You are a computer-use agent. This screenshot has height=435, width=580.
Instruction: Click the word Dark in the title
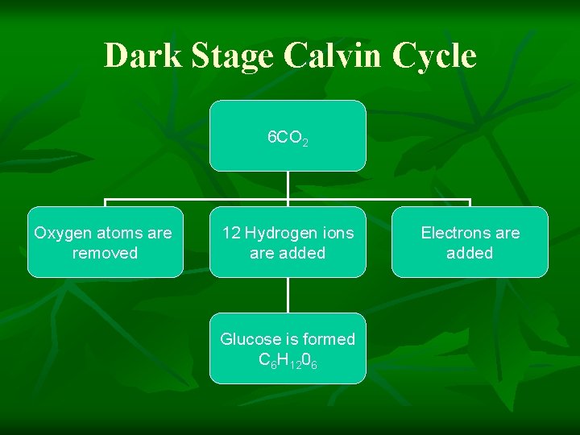pos(135,56)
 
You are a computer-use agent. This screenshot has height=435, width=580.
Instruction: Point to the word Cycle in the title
pos(434,56)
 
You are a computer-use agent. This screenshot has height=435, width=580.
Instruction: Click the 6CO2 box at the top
pos(288,135)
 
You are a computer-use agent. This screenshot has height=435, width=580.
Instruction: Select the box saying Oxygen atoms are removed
pos(105,242)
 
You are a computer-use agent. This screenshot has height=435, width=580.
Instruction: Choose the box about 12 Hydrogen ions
pos(288,242)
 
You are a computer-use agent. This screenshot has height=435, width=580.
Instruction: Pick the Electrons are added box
pos(470,242)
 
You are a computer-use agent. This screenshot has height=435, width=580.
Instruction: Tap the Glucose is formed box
pos(288,349)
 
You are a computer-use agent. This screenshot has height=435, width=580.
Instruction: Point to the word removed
pos(105,253)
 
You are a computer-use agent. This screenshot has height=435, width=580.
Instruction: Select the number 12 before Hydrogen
pos(231,233)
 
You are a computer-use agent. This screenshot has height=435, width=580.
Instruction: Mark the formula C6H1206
pos(288,360)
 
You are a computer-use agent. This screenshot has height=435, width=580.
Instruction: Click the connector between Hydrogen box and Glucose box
pos(288,295)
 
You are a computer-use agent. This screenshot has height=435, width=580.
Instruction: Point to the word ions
pos(338,233)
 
